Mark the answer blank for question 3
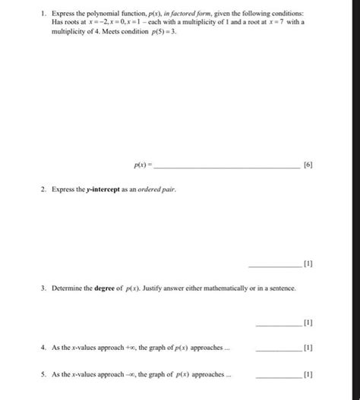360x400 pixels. click(x=279, y=323)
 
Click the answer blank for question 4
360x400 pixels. click(x=279, y=349)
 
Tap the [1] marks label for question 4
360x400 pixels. click(x=308, y=348)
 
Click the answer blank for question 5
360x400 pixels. click(x=279, y=376)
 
